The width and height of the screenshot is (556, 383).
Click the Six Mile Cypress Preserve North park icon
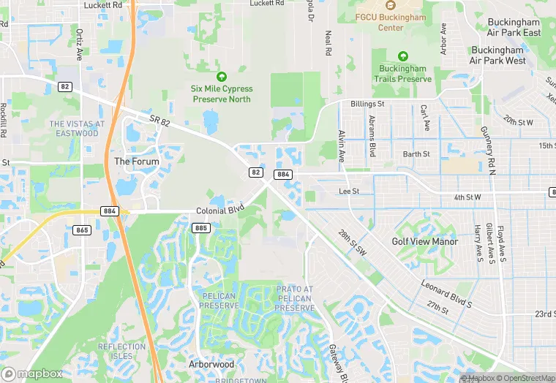click(x=221, y=77)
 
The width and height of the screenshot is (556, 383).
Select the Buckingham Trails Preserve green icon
click(x=402, y=56)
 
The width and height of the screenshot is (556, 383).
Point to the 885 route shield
click(x=202, y=228)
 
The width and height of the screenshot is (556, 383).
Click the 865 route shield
click(x=82, y=230)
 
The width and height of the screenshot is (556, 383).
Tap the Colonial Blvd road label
click(x=219, y=211)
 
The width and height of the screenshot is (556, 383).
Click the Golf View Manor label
click(x=424, y=241)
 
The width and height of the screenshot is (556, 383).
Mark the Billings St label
click(x=367, y=105)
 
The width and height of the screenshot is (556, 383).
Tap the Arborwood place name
click(x=211, y=364)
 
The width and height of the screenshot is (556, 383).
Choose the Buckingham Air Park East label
click(x=514, y=28)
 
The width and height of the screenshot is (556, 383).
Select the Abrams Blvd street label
click(x=372, y=136)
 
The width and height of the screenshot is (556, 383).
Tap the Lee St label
click(x=350, y=191)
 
